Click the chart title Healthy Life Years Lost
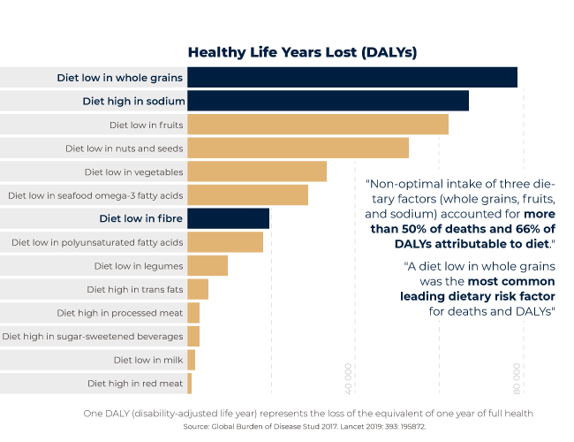tap(301, 52)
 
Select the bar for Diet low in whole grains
tap(351, 77)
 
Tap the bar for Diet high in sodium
tap(327, 101)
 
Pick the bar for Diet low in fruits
tap(317, 125)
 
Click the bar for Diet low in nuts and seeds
tap(298, 148)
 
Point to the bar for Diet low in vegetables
tap(256, 171)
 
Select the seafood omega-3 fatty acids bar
tap(247, 194)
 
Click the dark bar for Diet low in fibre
tap(228, 218)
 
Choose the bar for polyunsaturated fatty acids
tap(225, 242)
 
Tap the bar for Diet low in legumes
tap(207, 265)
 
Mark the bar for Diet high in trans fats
tap(197, 289)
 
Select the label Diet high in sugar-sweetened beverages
tap(93, 336)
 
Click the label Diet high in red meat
tap(135, 384)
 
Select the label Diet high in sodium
tap(133, 101)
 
